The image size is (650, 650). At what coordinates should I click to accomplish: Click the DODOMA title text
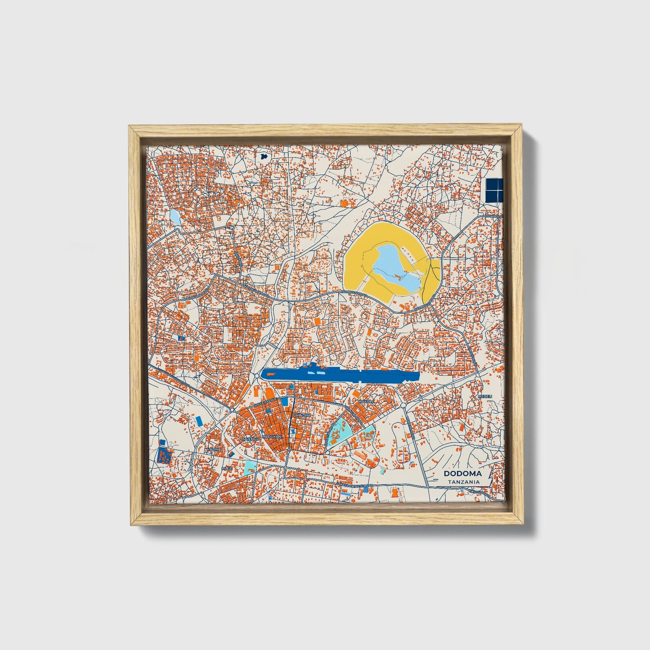click(x=462, y=474)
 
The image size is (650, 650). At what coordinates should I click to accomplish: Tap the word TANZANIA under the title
click(x=463, y=482)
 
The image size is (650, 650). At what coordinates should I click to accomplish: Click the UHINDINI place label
click(x=301, y=415)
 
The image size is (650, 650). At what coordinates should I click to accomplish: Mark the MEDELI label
click(x=485, y=396)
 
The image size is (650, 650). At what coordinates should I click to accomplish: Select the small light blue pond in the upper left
click(x=175, y=218)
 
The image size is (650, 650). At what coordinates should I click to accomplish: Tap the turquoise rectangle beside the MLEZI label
click(x=251, y=466)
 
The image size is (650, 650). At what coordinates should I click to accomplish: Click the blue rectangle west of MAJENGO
click(x=199, y=421)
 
